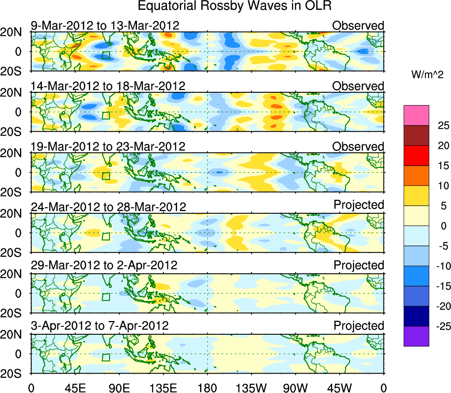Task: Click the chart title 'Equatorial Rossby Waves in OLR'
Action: click(x=235, y=7)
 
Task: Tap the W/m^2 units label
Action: click(x=428, y=76)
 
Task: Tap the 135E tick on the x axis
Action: click(x=163, y=387)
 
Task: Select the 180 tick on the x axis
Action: click(x=207, y=387)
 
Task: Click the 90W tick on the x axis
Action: click(x=295, y=387)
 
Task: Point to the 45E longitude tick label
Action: click(x=74, y=387)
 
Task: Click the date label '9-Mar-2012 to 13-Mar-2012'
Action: click(x=105, y=25)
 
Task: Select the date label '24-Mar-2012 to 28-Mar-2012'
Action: click(x=108, y=207)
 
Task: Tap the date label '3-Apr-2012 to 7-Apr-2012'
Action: click(x=100, y=326)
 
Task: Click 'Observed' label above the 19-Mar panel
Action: click(x=358, y=146)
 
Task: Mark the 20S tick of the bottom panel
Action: click(x=14, y=374)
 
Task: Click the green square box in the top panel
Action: click(x=106, y=55)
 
